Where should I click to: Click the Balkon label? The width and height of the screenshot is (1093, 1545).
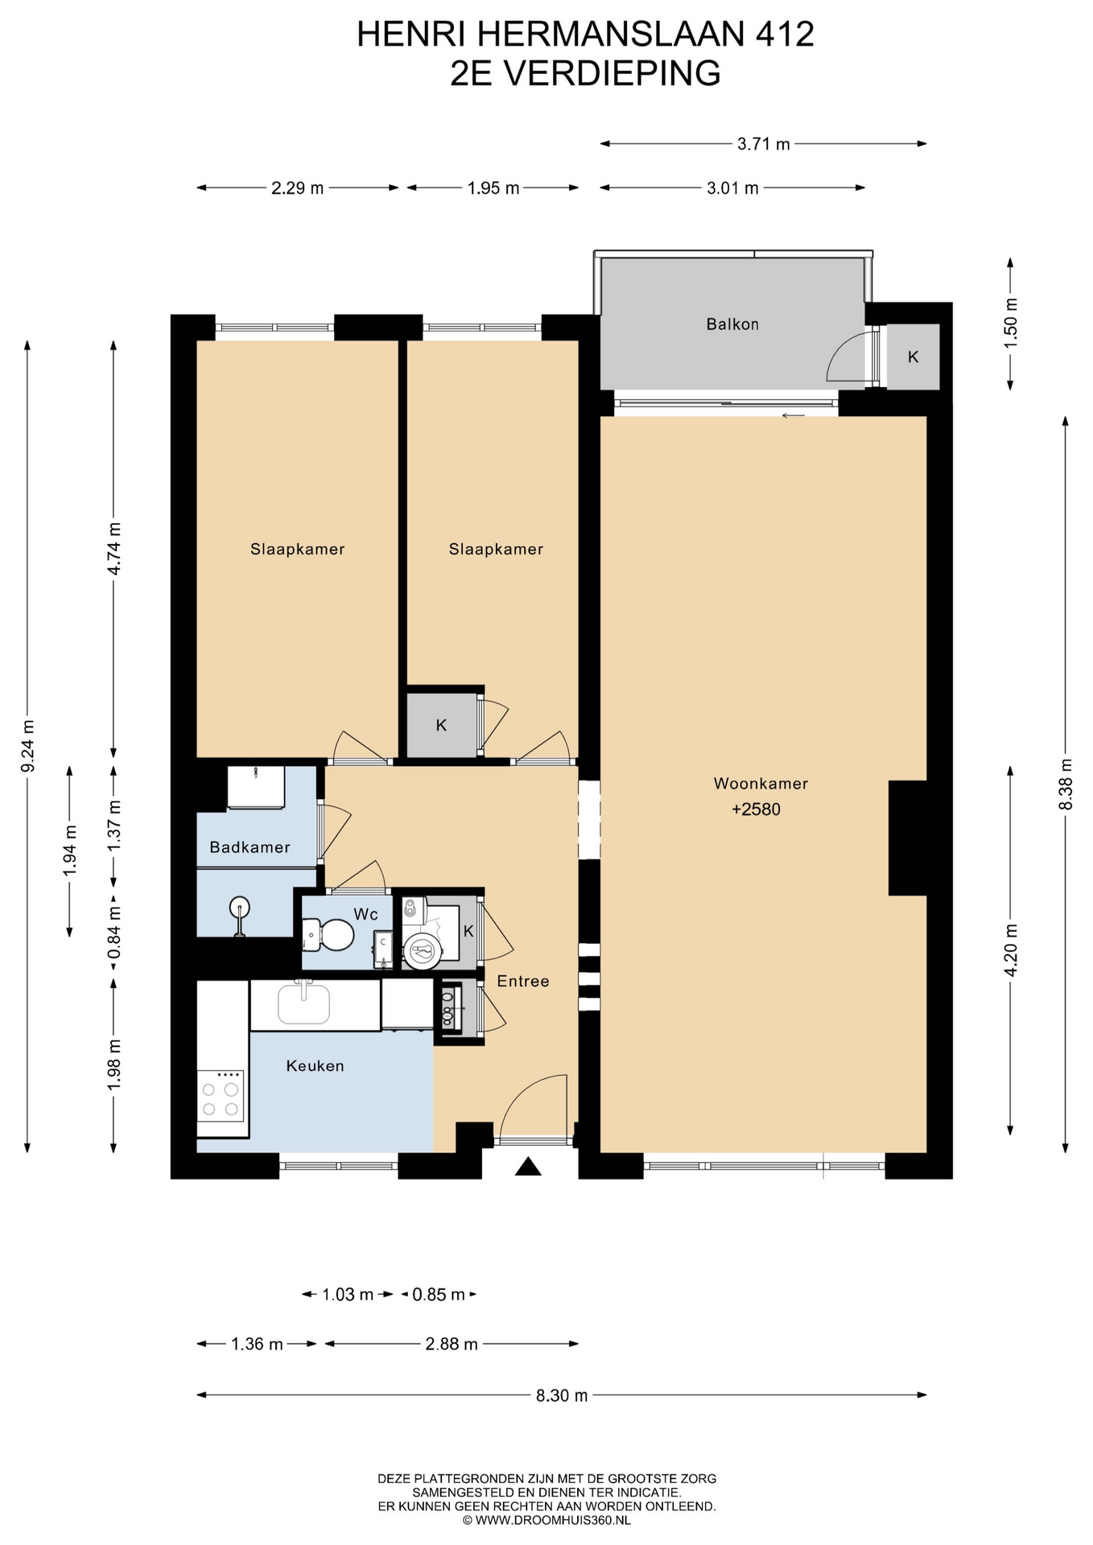[732, 324]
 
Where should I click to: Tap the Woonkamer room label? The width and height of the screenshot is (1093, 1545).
[761, 783]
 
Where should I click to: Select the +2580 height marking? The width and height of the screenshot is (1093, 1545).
[756, 810]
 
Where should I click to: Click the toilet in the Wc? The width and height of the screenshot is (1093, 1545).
[328, 935]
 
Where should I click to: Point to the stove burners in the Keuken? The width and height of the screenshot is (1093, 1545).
[221, 1099]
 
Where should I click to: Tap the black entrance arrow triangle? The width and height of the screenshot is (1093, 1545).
[528, 1166]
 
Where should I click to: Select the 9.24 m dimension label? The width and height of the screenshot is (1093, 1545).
[28, 745]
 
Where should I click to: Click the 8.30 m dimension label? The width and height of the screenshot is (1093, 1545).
[562, 1395]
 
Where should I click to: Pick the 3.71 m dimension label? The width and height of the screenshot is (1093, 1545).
[764, 144]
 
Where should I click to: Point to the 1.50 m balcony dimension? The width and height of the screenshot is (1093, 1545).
[1011, 323]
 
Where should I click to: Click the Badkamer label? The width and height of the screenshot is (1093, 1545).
[250, 847]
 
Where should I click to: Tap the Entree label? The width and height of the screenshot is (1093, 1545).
[523, 981]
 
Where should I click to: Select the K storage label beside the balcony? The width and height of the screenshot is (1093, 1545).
[913, 356]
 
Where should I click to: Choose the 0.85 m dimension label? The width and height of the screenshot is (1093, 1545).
[439, 1295]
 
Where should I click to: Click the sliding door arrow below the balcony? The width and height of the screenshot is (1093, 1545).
[793, 415]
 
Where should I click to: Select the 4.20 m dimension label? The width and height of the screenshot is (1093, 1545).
[1011, 950]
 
